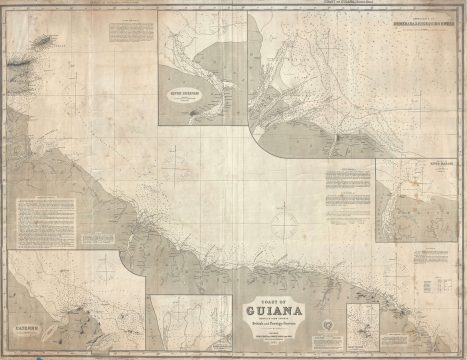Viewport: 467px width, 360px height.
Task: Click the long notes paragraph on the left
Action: pos(45,220)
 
